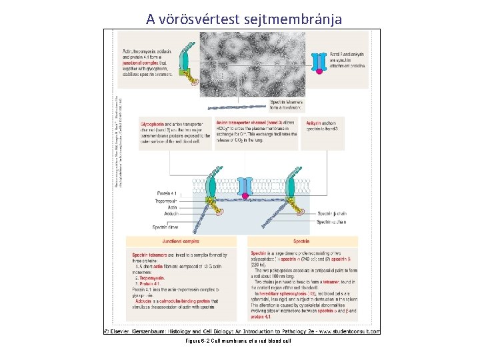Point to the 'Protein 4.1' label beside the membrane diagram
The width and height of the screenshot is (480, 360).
[165, 193]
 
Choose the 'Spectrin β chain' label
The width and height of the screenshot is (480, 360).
[333, 213]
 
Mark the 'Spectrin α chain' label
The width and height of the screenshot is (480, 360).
[333, 221]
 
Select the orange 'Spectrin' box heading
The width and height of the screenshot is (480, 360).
[301, 241]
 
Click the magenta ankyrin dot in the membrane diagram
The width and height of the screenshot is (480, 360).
[245, 195]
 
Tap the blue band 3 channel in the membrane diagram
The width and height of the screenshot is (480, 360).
[245, 185]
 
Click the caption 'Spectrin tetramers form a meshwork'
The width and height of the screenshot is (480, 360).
[287, 103]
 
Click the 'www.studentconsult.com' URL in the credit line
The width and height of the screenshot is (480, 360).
[346, 331]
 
